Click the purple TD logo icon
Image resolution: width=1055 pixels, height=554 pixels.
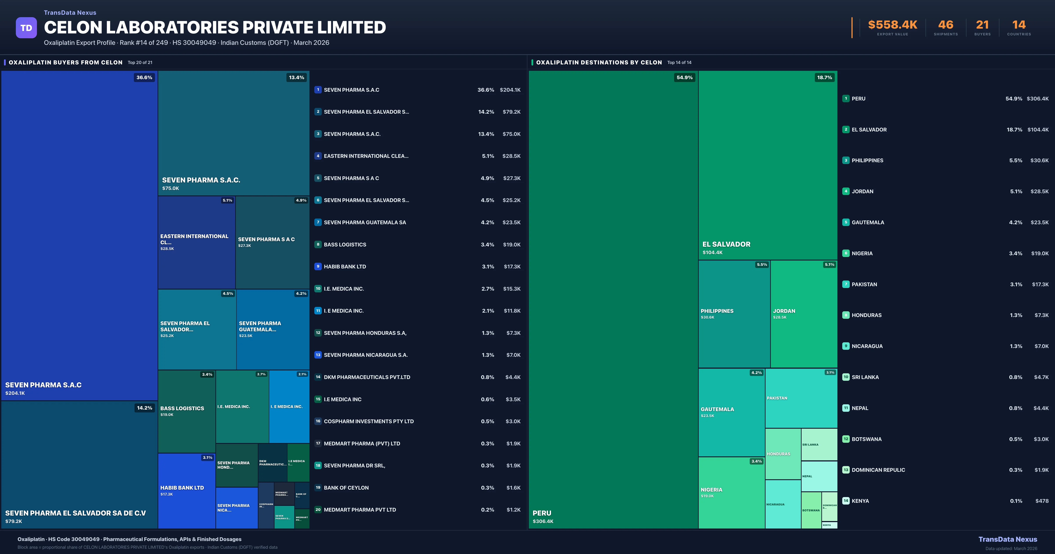26,28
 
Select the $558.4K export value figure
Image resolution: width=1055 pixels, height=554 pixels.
892,25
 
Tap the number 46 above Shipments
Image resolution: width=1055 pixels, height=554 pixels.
946,25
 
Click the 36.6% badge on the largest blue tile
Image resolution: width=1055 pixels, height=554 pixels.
144,77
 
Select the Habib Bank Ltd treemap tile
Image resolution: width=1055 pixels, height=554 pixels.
186,490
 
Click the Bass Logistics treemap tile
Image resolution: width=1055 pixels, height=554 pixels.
186,411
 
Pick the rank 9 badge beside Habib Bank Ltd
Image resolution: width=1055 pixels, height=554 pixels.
318,266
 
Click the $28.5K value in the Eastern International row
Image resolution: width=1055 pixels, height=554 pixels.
511,156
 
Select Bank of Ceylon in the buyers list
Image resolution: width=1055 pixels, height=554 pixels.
346,488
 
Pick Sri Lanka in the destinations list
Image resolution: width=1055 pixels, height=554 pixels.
865,377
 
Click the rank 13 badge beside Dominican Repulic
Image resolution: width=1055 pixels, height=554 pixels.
846,470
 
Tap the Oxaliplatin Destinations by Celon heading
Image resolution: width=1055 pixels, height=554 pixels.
599,62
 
